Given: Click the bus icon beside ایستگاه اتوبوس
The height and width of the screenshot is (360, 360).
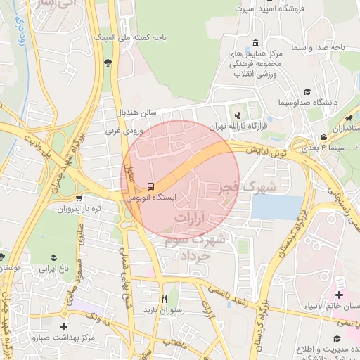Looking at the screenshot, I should coord(150,186).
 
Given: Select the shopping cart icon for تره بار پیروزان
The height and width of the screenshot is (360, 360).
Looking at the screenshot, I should coord(79,198).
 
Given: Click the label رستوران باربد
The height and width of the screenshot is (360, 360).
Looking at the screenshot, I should coord(164,309).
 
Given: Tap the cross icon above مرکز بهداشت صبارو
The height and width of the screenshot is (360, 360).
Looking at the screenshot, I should coord(64,326).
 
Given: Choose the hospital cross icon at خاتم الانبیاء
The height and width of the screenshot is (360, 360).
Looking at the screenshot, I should coord(340,295).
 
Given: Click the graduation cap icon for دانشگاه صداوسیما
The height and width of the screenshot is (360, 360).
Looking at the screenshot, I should coord(307,91).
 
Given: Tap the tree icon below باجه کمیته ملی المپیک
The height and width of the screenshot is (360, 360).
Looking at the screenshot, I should coord(107,63).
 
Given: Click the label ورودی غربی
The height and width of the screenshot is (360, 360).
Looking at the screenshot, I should coord(124,130).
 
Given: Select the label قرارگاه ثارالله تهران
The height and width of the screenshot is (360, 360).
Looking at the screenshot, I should coord(263,118).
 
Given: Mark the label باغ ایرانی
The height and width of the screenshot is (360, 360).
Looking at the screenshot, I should coord(53,268).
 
